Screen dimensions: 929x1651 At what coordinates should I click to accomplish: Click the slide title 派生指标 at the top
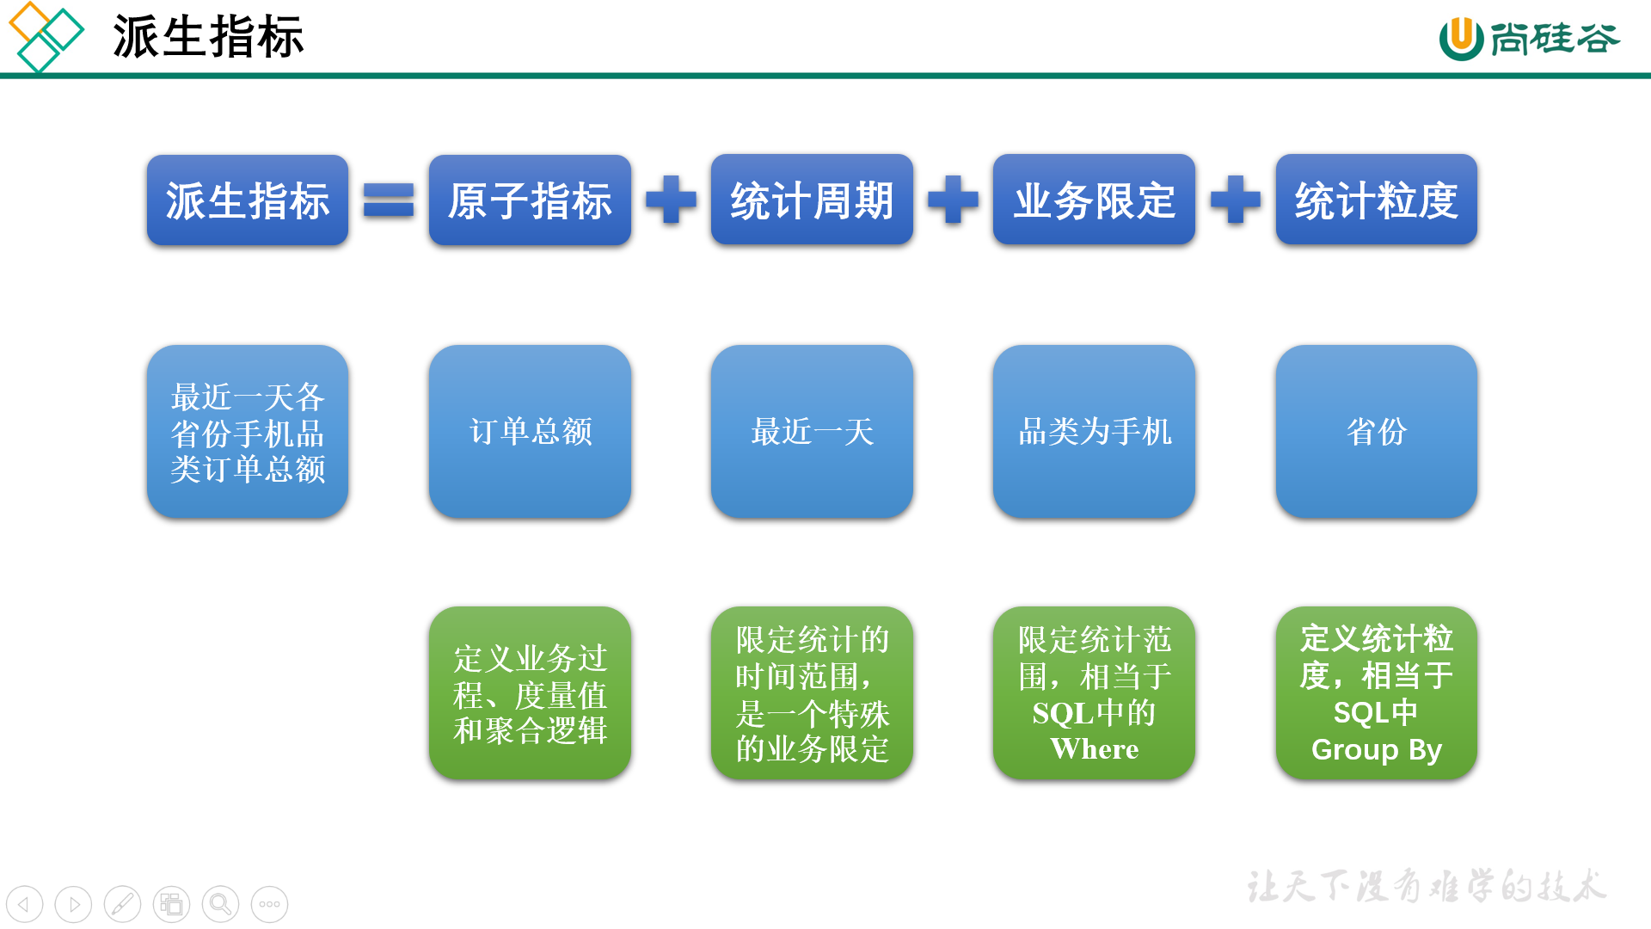click(208, 37)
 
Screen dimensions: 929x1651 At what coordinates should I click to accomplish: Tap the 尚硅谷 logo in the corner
click(1529, 39)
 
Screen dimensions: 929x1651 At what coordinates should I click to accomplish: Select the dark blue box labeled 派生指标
click(248, 200)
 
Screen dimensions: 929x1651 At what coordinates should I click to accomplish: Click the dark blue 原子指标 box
click(530, 200)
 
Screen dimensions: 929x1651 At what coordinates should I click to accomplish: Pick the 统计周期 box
click(812, 200)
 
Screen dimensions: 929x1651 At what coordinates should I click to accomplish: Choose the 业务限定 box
click(1094, 200)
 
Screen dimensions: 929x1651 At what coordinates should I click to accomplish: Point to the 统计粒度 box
click(1376, 200)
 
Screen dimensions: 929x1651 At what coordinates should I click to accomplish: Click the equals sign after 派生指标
click(389, 200)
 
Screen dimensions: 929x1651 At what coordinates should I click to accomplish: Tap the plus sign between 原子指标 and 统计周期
click(671, 200)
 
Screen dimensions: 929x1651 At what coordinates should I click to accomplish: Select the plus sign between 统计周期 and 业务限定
click(953, 200)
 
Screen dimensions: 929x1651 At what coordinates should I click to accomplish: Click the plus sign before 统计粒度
click(1235, 200)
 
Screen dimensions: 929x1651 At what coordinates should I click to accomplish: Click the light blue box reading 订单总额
click(530, 431)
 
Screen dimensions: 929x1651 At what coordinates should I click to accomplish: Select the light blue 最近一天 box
click(812, 431)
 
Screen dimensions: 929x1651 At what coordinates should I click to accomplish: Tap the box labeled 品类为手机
click(1094, 431)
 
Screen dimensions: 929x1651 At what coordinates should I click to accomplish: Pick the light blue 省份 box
click(1376, 431)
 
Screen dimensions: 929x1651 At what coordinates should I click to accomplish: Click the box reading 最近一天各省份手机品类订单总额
click(248, 431)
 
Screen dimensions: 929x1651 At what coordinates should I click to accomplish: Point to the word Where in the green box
click(1094, 749)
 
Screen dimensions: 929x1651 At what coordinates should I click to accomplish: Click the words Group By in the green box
click(1376, 750)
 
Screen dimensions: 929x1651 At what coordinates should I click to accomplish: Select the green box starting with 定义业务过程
click(530, 693)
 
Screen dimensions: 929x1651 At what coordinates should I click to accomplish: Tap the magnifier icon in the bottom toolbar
click(220, 904)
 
